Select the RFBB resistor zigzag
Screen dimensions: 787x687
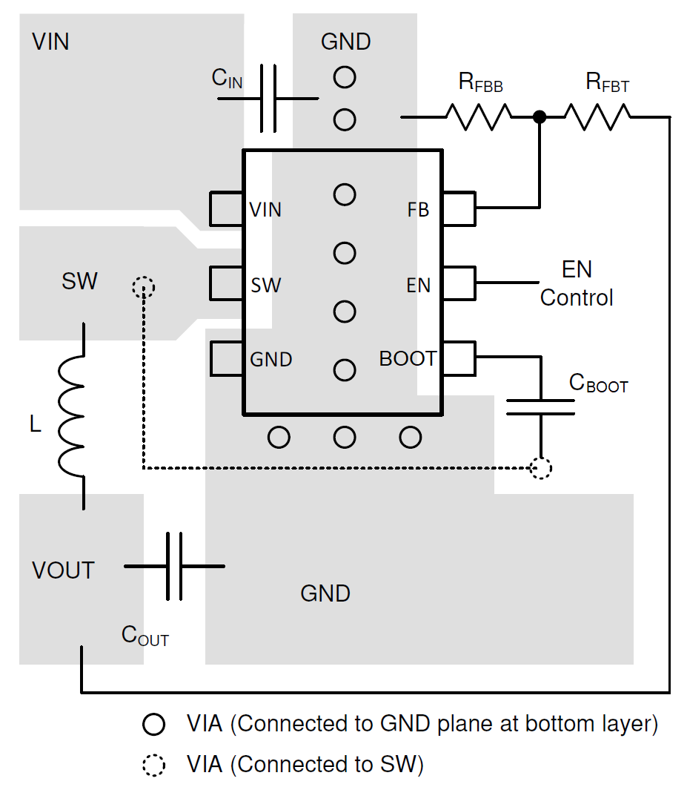click(478, 116)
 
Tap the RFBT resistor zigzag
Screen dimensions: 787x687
click(597, 116)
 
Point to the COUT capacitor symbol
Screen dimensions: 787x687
click(174, 566)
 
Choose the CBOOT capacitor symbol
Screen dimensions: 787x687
click(541, 406)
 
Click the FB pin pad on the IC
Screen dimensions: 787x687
click(459, 209)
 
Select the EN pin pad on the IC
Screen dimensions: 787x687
click(459, 283)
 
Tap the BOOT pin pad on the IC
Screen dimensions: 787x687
click(459, 358)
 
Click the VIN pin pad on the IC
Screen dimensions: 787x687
click(227, 209)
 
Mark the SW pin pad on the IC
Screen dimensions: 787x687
click(227, 283)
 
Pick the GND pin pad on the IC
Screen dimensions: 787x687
click(227, 359)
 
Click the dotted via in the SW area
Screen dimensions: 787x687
click(142, 287)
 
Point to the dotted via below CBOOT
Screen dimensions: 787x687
click(542, 468)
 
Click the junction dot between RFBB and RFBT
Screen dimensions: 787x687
click(540, 116)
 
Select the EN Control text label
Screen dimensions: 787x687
click(577, 283)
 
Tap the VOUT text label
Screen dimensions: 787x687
click(64, 570)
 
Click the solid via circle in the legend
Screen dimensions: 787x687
click(153, 725)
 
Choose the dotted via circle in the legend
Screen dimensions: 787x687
click(153, 764)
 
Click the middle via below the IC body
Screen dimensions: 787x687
click(345, 438)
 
